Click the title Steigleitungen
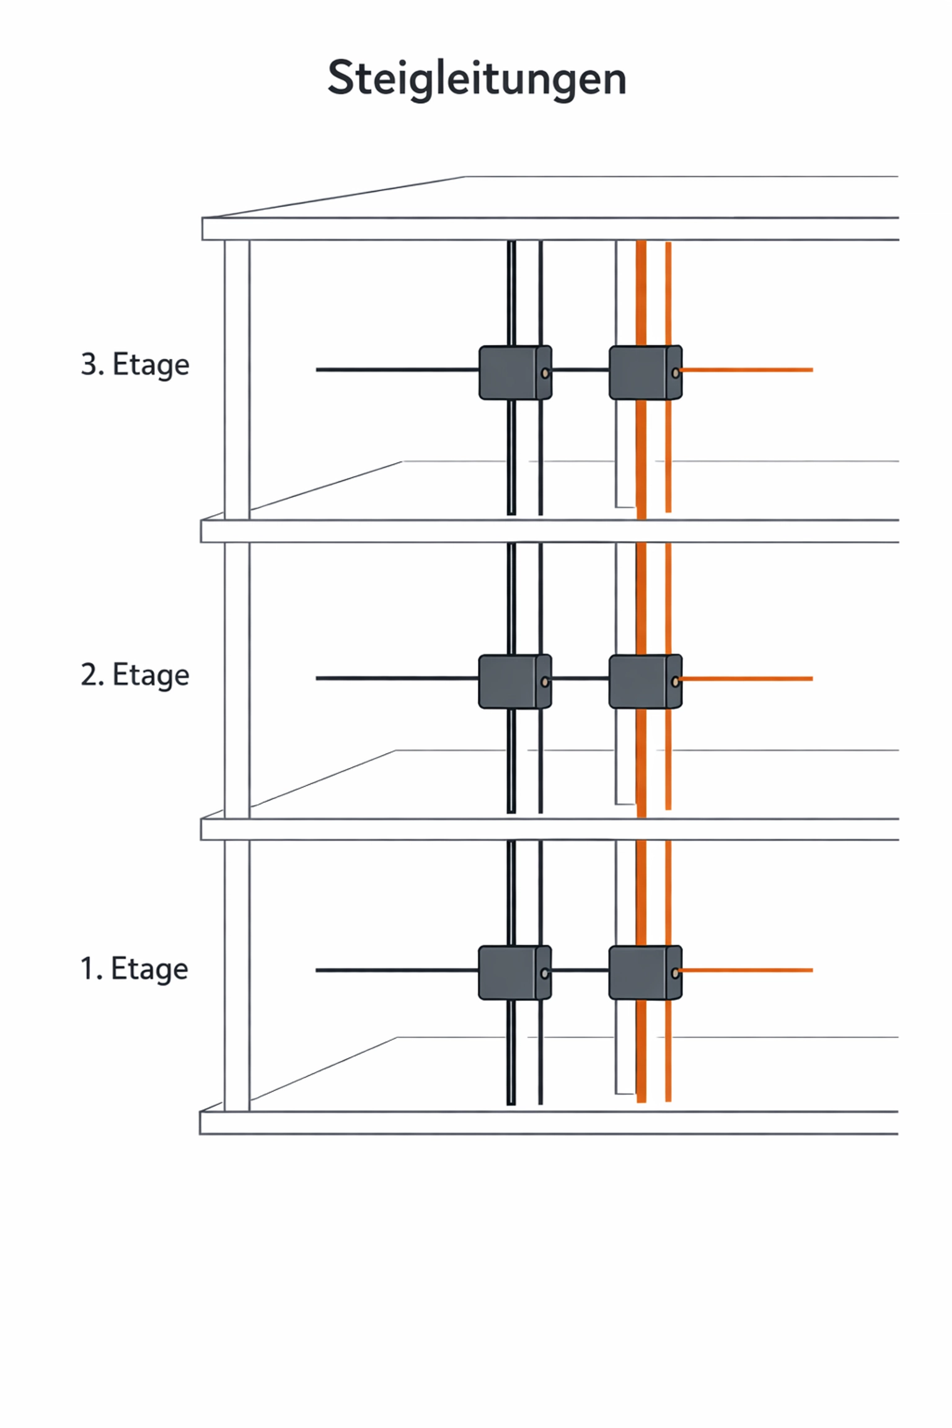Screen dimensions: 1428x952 pos(476,79)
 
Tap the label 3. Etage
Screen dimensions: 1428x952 pos(135,364)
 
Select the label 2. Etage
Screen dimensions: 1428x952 pos(135,674)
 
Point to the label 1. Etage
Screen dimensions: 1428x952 pos(134,969)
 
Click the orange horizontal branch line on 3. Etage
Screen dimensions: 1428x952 pos(747,370)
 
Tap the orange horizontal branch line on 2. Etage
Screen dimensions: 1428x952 pos(747,679)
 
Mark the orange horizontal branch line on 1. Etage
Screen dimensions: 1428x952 pos(747,970)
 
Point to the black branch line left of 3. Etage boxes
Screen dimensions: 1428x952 pos(397,370)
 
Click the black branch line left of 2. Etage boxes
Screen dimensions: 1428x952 pos(397,678)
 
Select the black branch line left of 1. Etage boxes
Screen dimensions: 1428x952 pos(397,970)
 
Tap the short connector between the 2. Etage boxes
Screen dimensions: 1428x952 pos(580,679)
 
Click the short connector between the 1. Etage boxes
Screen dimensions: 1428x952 pos(580,970)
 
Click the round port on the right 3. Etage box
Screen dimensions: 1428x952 pos(675,373)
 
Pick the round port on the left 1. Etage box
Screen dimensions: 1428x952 pos(544,974)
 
